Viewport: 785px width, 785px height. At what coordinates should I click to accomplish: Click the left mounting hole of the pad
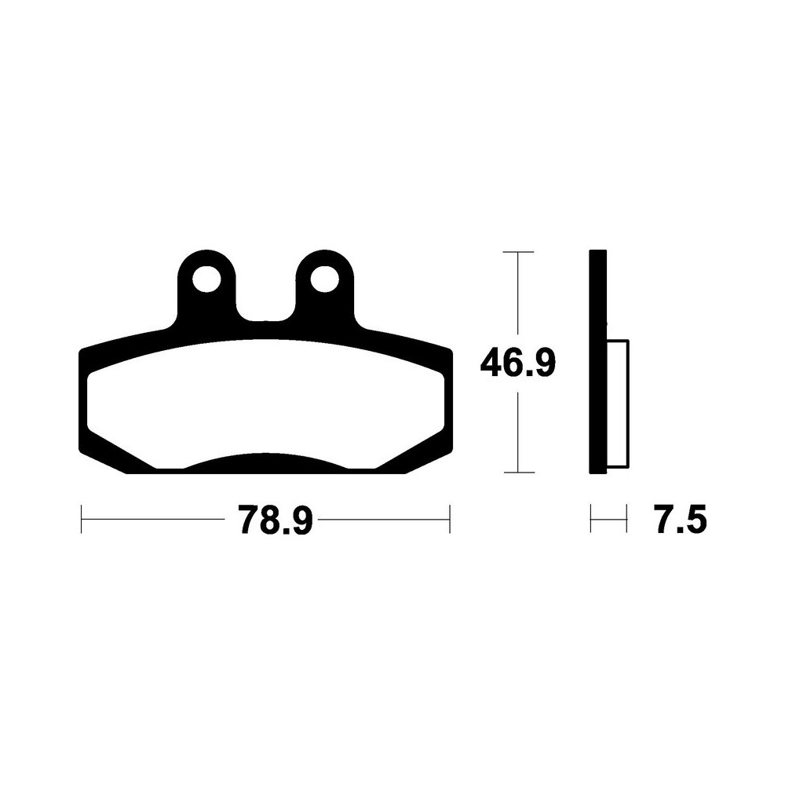point(206,279)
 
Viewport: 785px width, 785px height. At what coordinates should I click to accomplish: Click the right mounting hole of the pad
point(324,279)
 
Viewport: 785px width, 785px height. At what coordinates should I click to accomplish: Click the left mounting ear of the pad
point(206,286)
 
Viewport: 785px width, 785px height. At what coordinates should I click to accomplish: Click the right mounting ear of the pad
point(324,286)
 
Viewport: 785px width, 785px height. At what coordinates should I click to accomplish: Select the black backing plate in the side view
point(598,361)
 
